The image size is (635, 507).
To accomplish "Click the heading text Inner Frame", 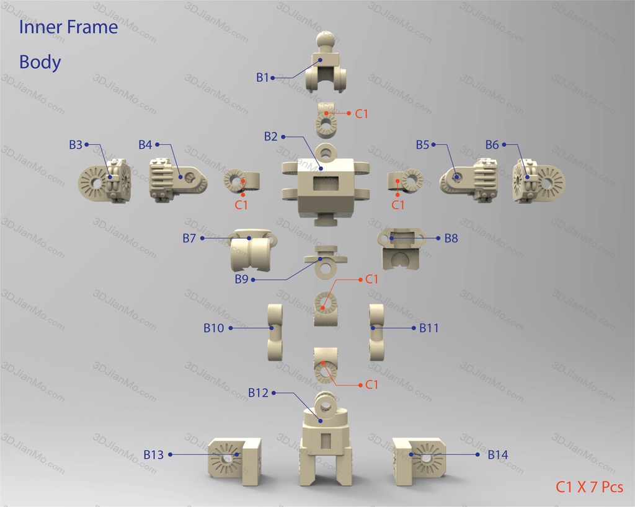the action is pyautogui.click(x=68, y=27).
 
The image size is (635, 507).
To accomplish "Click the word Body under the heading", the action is pyautogui.click(x=40, y=63).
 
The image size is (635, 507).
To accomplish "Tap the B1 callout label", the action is pyautogui.click(x=262, y=77).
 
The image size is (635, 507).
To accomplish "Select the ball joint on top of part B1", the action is pyautogui.click(x=327, y=40).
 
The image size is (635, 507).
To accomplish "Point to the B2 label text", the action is pyautogui.click(x=271, y=136).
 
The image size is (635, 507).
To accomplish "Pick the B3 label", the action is pyautogui.click(x=76, y=144).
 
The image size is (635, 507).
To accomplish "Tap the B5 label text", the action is pyautogui.click(x=422, y=144).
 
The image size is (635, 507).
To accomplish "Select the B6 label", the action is pyautogui.click(x=492, y=144).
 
